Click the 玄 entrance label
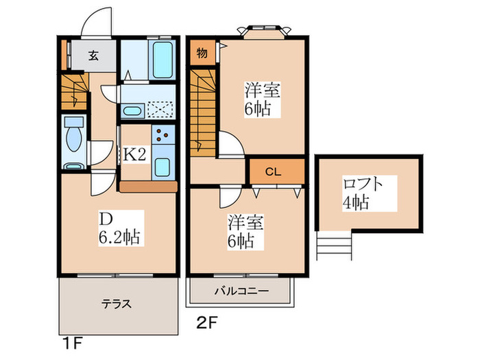click(x=92, y=56)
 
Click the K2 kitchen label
click(x=134, y=154)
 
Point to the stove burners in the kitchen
click(x=164, y=135)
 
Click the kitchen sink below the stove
click(x=163, y=167)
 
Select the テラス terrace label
click(x=117, y=304)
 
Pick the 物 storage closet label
click(x=202, y=53)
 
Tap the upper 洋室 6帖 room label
click(x=261, y=100)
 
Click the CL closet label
click(x=274, y=171)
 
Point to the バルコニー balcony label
click(x=241, y=291)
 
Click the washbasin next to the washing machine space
click(x=132, y=110)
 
